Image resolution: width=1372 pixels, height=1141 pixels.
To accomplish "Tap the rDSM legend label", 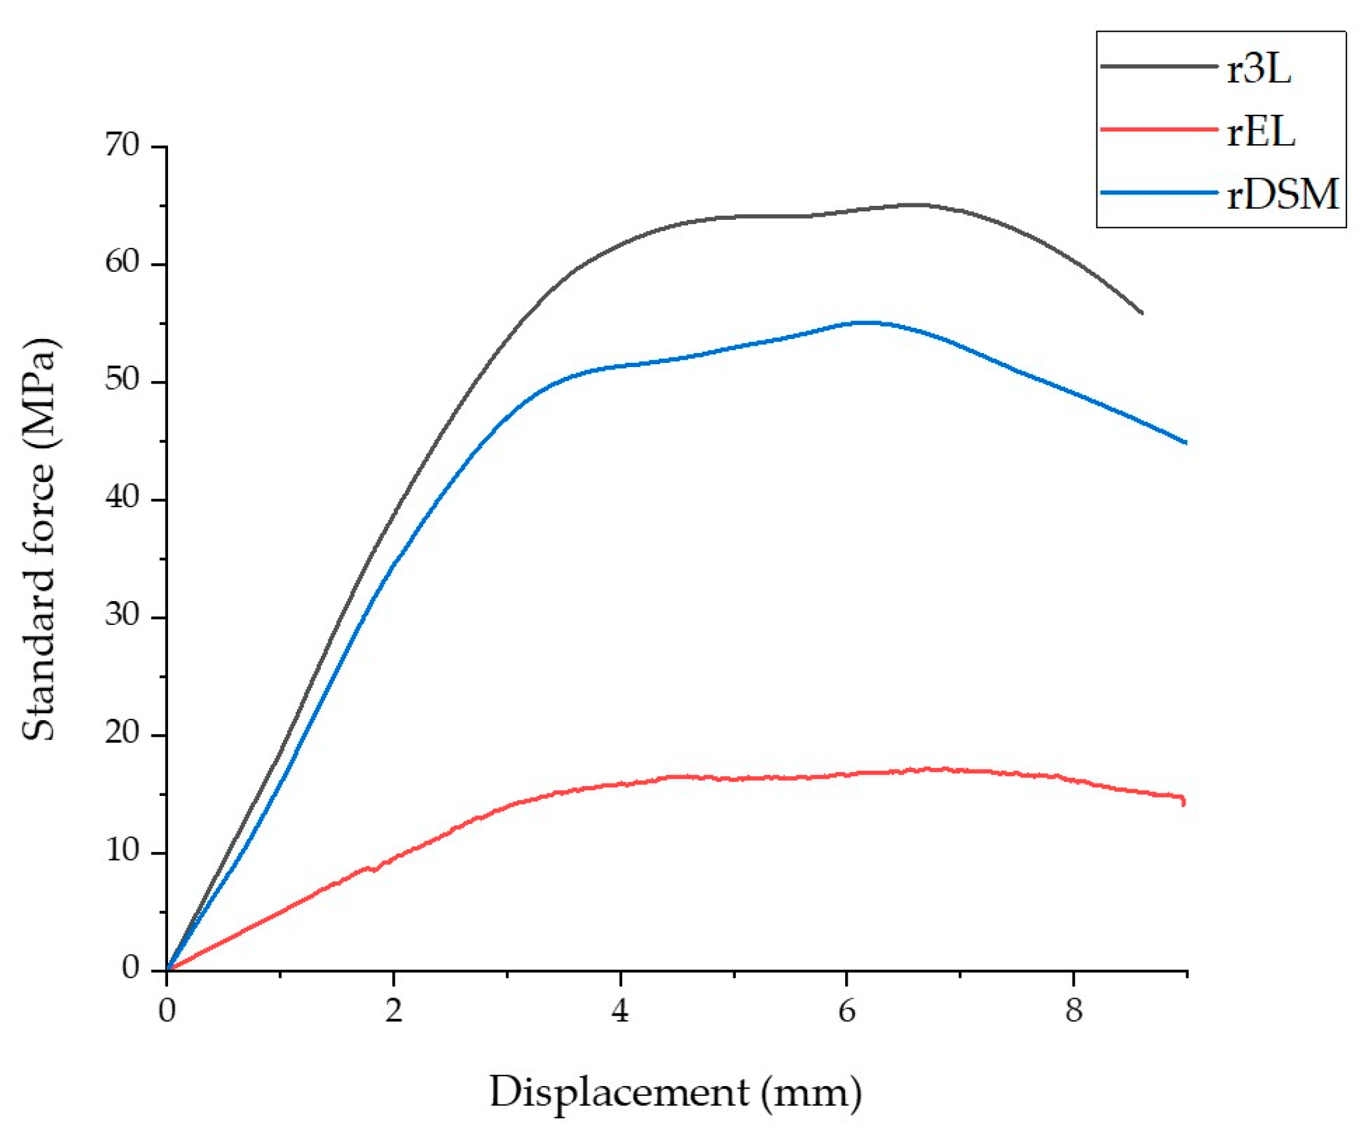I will [1283, 194].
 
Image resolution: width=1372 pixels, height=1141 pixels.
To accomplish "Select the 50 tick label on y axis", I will [122, 381].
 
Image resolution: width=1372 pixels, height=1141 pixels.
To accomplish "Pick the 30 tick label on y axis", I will [122, 616].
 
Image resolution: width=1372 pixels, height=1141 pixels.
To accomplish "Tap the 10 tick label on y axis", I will [122, 851].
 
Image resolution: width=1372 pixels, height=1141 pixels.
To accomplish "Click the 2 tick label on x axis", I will [394, 1012].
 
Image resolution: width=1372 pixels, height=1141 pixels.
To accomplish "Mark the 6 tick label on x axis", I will [846, 1012].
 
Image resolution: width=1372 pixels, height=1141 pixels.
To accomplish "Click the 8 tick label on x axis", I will [1073, 1012].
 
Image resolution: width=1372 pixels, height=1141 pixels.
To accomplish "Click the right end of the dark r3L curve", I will [1142, 313].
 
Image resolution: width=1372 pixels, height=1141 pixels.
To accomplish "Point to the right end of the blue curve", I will [1185, 443].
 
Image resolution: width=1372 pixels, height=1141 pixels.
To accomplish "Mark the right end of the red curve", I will [1184, 803].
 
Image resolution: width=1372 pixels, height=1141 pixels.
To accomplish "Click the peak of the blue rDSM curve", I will [868, 323].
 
